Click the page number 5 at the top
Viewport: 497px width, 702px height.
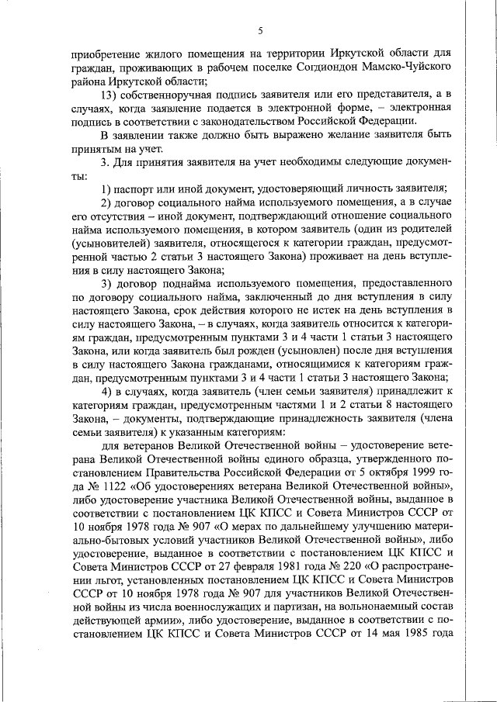pos(260,31)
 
